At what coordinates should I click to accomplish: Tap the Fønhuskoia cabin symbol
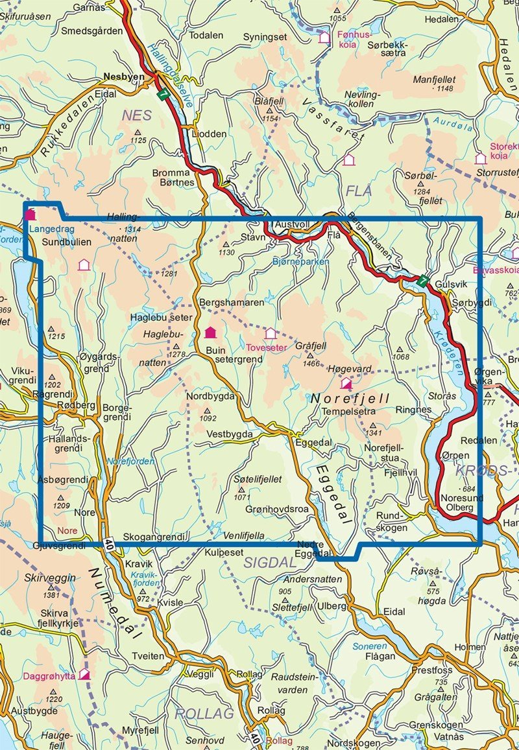pyautogui.click(x=324, y=38)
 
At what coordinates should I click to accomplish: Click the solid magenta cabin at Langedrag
pyautogui.click(x=29, y=214)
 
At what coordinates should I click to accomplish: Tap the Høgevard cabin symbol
pyautogui.click(x=346, y=384)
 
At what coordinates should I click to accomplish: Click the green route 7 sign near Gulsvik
pyautogui.click(x=422, y=281)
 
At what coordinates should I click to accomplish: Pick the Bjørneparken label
pyautogui.click(x=296, y=261)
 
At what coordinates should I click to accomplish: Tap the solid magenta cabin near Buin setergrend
pyautogui.click(x=210, y=333)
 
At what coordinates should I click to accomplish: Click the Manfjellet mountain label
pyautogui.click(x=435, y=78)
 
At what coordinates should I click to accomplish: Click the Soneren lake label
pyautogui.click(x=369, y=646)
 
